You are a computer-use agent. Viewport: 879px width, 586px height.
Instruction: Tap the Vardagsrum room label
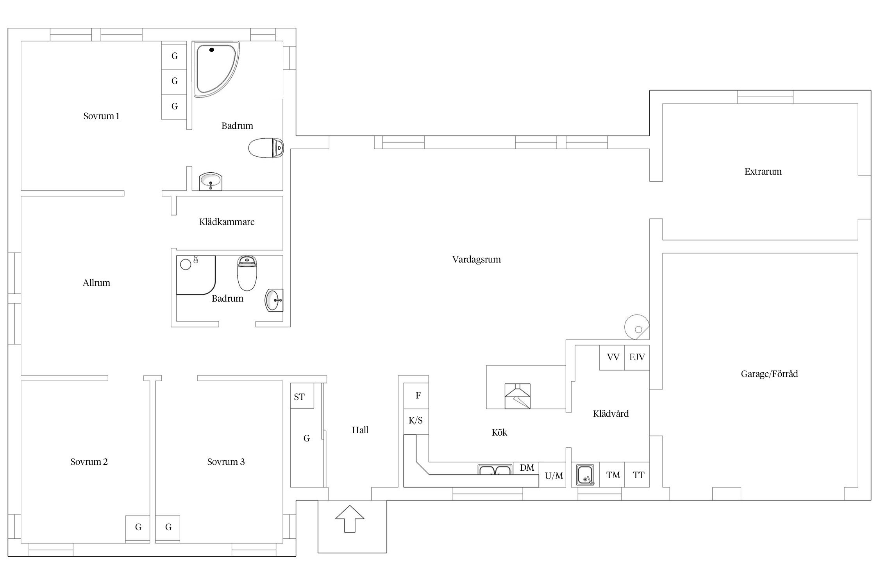coord(476,259)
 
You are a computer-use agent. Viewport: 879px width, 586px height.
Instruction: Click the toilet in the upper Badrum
coord(266,148)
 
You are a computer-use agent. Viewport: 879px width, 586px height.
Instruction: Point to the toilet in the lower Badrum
coord(247,273)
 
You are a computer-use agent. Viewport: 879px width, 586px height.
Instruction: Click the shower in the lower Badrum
coord(196,275)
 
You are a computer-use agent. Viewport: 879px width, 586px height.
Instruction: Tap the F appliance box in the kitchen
coord(416,395)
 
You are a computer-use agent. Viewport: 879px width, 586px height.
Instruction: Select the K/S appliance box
coord(416,421)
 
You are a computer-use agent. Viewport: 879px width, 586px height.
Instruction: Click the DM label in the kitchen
coord(527,468)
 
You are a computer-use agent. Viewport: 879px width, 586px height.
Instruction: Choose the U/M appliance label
coord(554,476)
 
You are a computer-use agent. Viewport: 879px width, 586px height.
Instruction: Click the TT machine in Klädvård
coord(637,475)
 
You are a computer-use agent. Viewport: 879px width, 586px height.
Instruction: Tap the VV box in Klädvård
coord(612,357)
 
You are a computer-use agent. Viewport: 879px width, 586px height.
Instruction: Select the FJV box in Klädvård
coord(637,357)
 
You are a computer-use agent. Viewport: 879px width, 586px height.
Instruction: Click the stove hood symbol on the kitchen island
coord(518,396)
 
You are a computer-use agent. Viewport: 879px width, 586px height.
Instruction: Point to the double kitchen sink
coord(495,469)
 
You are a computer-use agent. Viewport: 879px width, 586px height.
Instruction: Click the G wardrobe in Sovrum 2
coord(138,529)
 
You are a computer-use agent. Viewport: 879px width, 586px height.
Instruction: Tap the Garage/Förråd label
coord(769,374)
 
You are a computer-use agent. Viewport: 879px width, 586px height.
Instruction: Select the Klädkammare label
coord(227,222)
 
